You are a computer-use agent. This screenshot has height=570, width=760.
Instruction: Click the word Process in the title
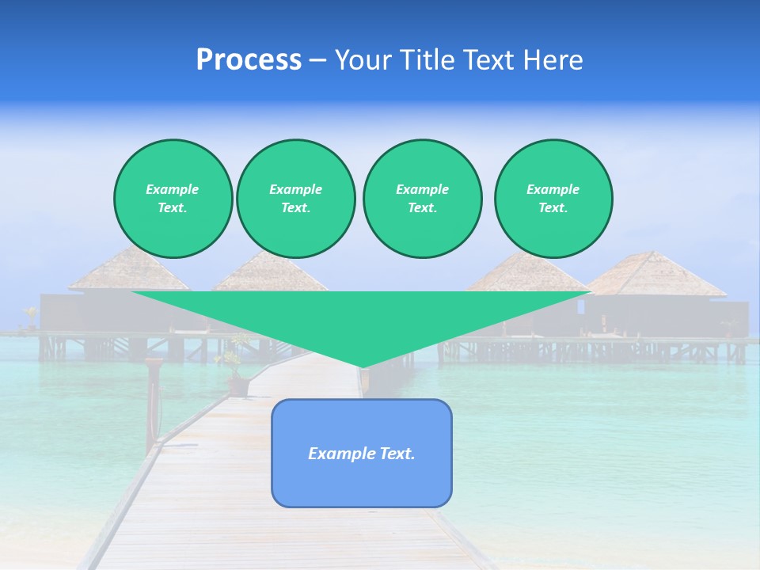pyautogui.click(x=249, y=60)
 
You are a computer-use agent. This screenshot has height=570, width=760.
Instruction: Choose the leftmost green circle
pyautogui.click(x=173, y=199)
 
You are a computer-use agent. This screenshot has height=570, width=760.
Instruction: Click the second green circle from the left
pyautogui.click(x=295, y=199)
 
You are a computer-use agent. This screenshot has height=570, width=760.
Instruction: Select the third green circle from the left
pyautogui.click(x=422, y=199)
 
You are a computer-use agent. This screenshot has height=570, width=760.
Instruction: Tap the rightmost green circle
pyautogui.click(x=553, y=199)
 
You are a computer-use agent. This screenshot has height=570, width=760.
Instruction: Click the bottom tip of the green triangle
pyautogui.click(x=362, y=366)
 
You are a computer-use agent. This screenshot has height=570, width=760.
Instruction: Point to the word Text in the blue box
pyautogui.click(x=397, y=454)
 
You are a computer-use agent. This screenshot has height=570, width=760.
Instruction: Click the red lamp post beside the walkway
pyautogui.click(x=152, y=404)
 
